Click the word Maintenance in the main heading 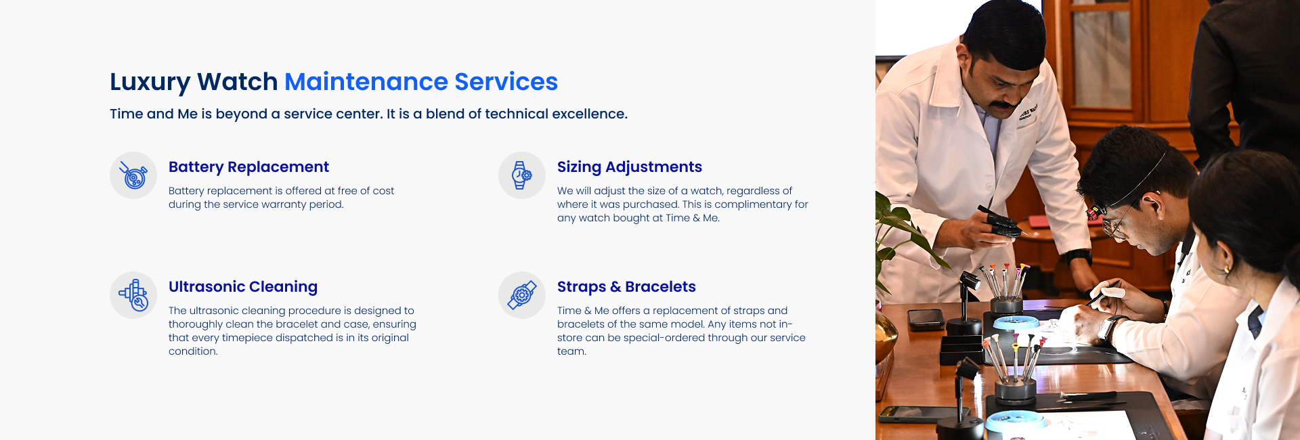tap(366, 82)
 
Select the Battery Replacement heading tap(248, 167)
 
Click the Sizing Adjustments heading tap(629, 167)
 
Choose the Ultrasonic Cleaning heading tap(242, 287)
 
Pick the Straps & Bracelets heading tap(626, 287)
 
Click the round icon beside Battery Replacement tap(133, 175)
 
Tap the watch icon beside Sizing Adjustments tap(522, 175)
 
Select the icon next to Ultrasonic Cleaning tap(133, 295)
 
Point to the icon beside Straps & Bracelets tap(522, 295)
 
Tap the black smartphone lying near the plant tap(926, 319)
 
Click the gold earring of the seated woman tap(1227, 270)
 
